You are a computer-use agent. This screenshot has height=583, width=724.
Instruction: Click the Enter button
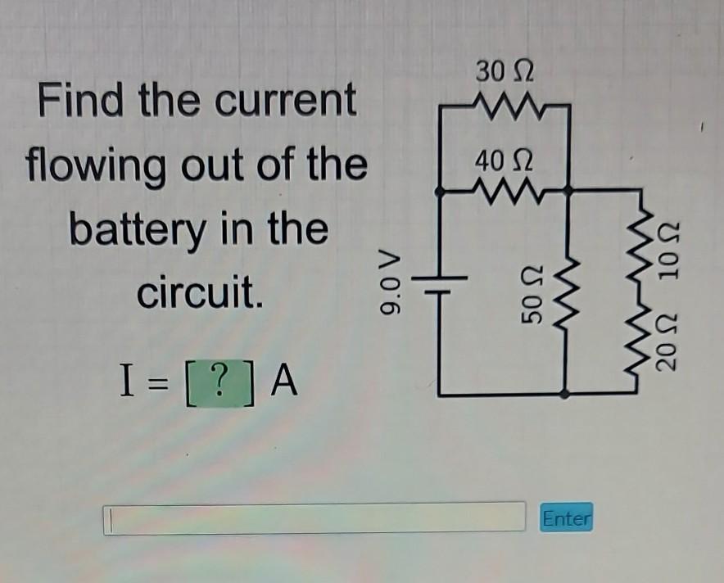(x=566, y=518)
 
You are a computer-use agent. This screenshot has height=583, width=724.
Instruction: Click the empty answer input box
(x=314, y=518)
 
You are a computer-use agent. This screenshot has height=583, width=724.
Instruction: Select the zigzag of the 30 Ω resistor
(x=504, y=104)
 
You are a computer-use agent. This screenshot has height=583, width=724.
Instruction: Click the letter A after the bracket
(x=282, y=380)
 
